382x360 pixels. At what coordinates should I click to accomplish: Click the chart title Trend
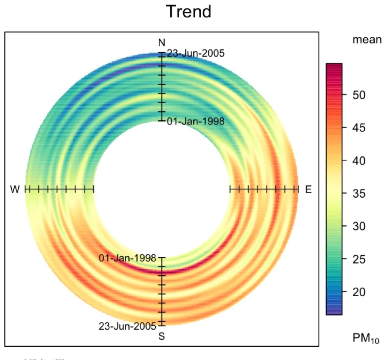click(188, 11)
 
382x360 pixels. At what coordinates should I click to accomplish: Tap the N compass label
click(162, 42)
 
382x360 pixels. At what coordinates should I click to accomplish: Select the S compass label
click(162, 336)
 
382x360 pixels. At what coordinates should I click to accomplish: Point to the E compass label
click(308, 189)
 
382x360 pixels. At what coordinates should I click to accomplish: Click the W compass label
click(15, 189)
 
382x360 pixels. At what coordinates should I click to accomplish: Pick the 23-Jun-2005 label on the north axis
click(196, 53)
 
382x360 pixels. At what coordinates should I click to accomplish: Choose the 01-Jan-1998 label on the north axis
click(196, 121)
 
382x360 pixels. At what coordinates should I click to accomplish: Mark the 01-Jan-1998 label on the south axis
click(128, 258)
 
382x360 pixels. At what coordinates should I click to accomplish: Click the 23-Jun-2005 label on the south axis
click(128, 326)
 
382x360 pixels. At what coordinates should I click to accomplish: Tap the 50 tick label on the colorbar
click(360, 95)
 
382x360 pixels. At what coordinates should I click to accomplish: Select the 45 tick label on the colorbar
click(360, 128)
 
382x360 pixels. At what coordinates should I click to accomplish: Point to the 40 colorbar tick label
click(360, 161)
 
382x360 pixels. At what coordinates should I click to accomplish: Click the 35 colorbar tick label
click(360, 194)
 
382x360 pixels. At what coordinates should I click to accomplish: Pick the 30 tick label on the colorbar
click(360, 227)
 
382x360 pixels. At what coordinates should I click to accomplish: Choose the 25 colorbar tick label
click(360, 259)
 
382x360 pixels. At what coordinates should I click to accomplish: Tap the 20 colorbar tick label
click(360, 293)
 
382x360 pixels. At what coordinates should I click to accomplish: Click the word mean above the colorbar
click(366, 40)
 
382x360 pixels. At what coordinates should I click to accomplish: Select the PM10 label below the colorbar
click(366, 338)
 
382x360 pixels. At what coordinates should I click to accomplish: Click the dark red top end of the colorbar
click(334, 66)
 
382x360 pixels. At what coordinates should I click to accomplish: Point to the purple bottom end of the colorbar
click(334, 312)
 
